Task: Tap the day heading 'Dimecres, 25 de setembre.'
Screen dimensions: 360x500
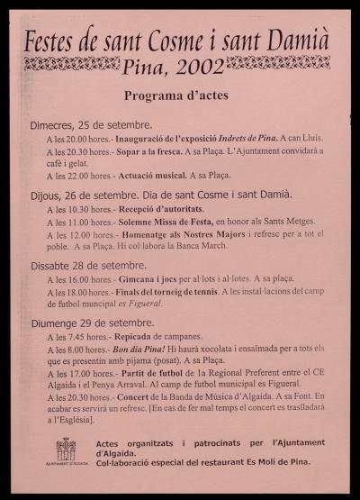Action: [91, 123]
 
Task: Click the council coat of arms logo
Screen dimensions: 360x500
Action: [66, 449]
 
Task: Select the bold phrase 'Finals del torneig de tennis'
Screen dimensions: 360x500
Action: [167, 291]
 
